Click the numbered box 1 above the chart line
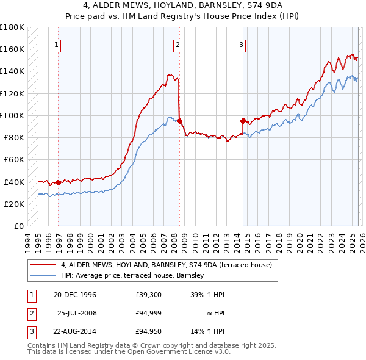point(56,44)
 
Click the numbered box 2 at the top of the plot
point(178,44)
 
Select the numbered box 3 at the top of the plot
point(241,44)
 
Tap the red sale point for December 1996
point(59,182)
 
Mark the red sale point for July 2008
point(180,121)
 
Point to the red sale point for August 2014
point(243,121)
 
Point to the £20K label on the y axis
point(15,204)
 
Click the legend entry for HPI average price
point(132,276)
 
